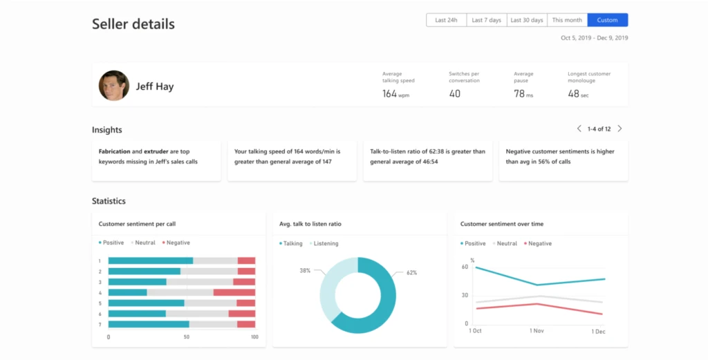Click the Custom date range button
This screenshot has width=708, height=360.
click(x=607, y=20)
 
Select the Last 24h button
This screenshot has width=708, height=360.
click(x=446, y=20)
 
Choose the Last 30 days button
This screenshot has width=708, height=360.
click(x=526, y=20)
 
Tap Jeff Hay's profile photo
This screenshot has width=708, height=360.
click(x=113, y=86)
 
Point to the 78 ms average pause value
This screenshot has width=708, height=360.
click(x=523, y=93)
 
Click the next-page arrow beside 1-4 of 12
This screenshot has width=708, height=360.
click(x=619, y=129)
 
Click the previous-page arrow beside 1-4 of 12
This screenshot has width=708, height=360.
click(x=579, y=129)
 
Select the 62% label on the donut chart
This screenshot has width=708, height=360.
click(x=411, y=272)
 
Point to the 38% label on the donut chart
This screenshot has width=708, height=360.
click(x=304, y=269)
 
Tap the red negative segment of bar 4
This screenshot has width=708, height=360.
click(x=234, y=292)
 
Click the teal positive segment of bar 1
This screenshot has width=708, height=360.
click(x=150, y=260)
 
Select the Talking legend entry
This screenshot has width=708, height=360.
click(x=291, y=243)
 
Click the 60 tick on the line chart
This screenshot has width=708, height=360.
click(x=465, y=267)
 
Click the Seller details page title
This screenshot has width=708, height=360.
click(x=133, y=24)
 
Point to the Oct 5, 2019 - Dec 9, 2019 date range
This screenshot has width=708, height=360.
click(x=594, y=38)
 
